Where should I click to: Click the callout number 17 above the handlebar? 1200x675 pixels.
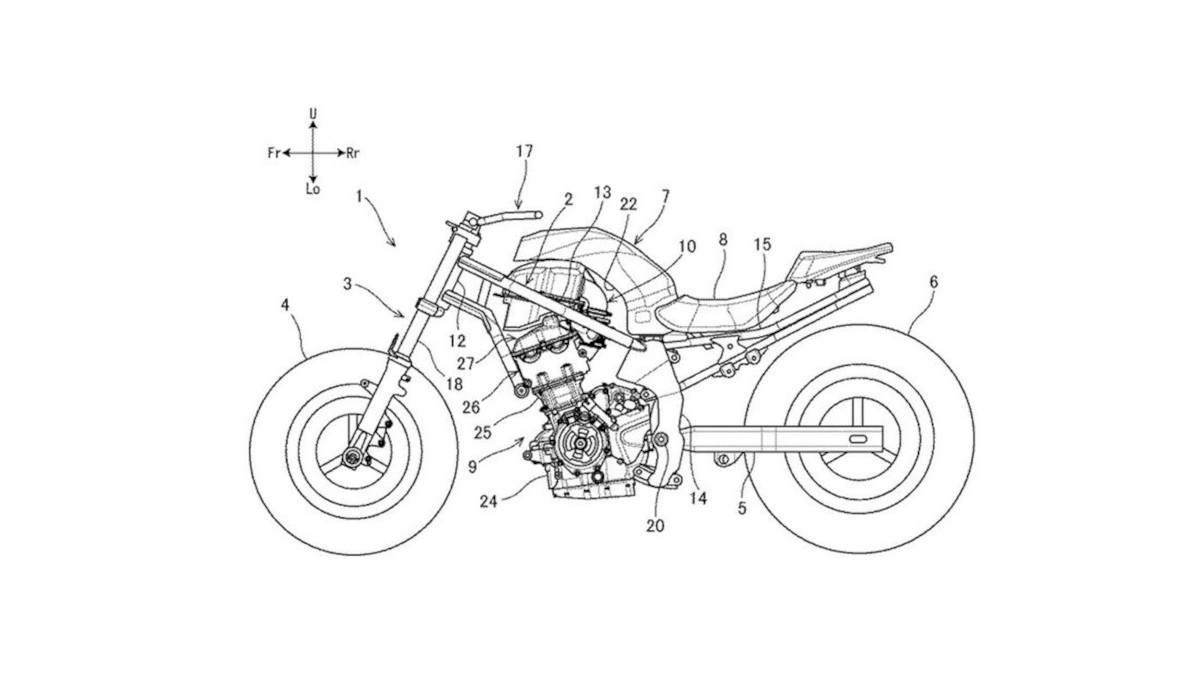tap(525, 150)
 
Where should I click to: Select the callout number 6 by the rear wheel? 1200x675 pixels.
tap(933, 283)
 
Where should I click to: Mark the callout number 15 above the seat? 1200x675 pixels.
tap(762, 243)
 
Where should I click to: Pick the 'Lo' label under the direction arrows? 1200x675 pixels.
tap(313, 189)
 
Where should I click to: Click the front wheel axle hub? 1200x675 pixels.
tap(351, 458)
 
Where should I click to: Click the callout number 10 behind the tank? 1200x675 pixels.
tap(685, 243)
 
